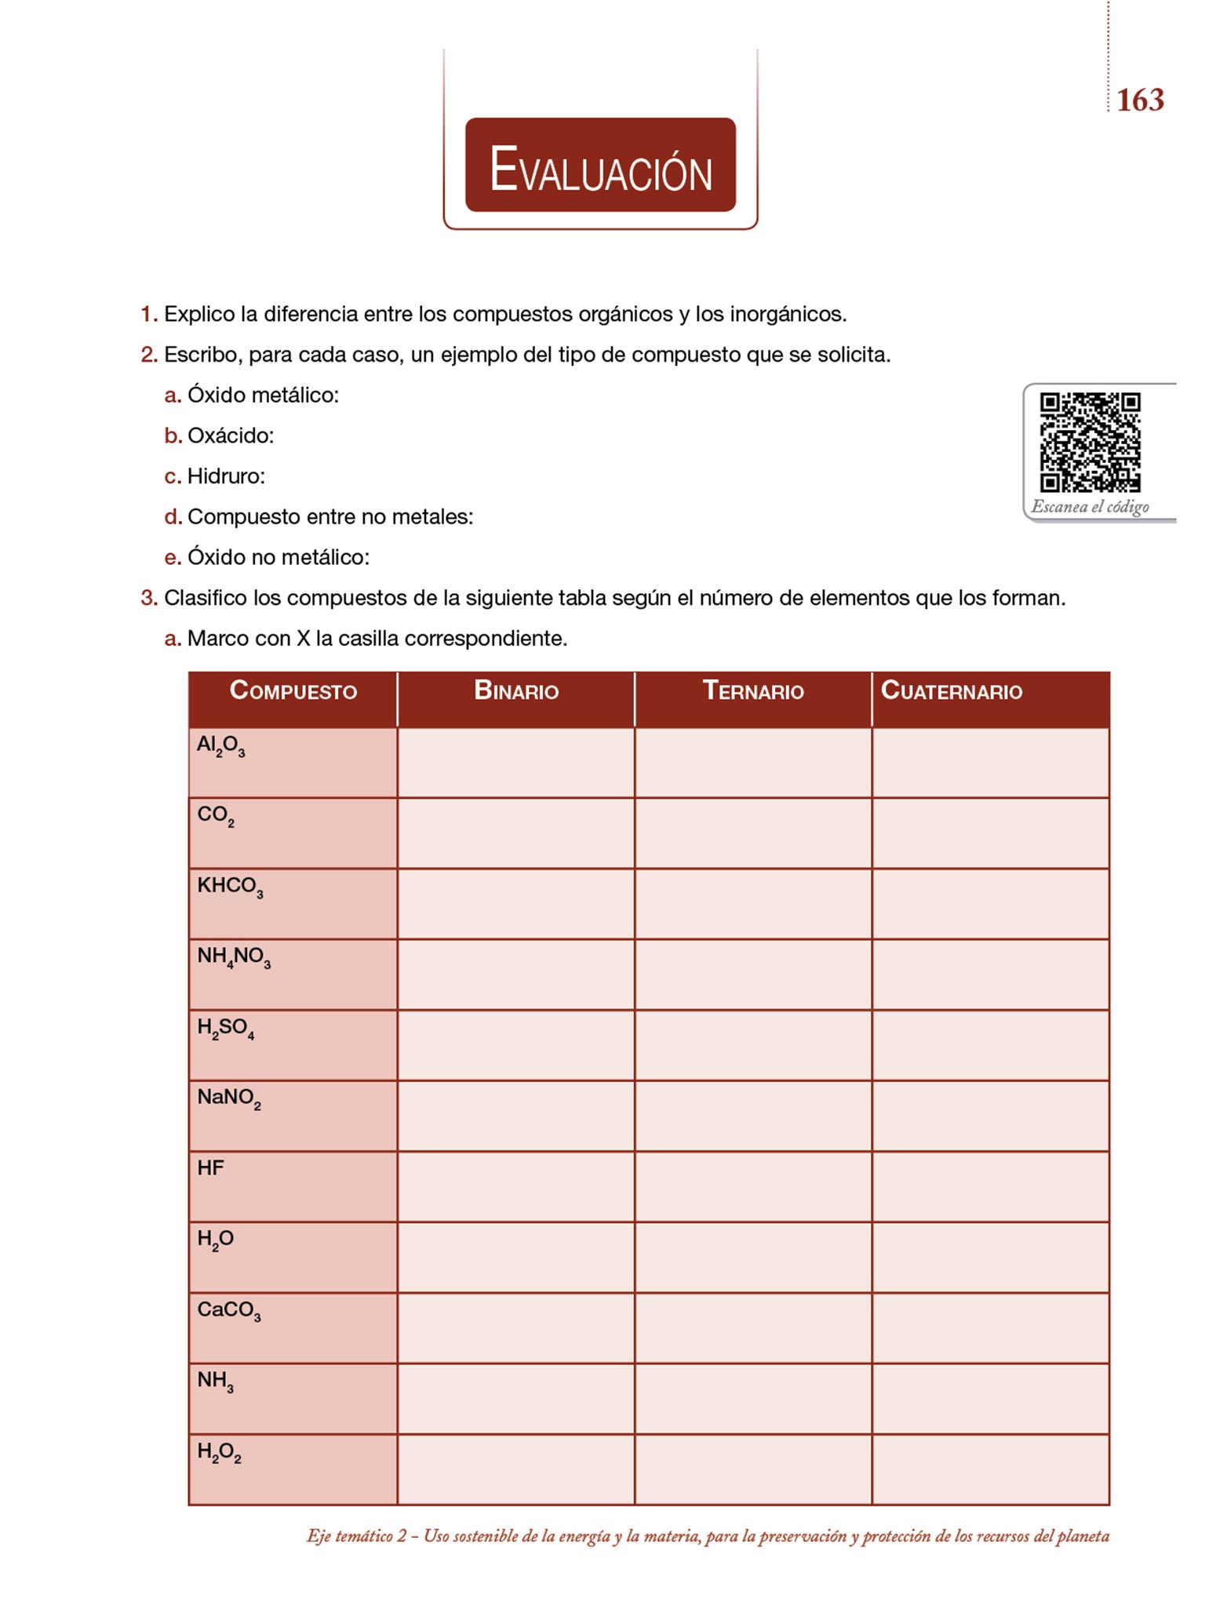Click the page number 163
[1139, 100]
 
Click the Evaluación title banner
[600, 166]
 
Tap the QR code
[1090, 442]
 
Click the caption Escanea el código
[1090, 506]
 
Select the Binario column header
[515, 691]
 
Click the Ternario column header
[752, 691]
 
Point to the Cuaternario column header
[951, 691]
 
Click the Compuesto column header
[293, 691]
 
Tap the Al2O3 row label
[220, 745]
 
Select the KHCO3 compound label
[230, 887]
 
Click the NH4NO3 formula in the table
[234, 957]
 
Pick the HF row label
[210, 1168]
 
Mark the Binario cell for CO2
[515, 833]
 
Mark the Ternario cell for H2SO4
[752, 1044]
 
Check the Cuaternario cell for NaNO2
[990, 1115]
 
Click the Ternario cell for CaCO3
[752, 1328]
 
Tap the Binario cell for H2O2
[515, 1469]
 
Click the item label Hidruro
[226, 476]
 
